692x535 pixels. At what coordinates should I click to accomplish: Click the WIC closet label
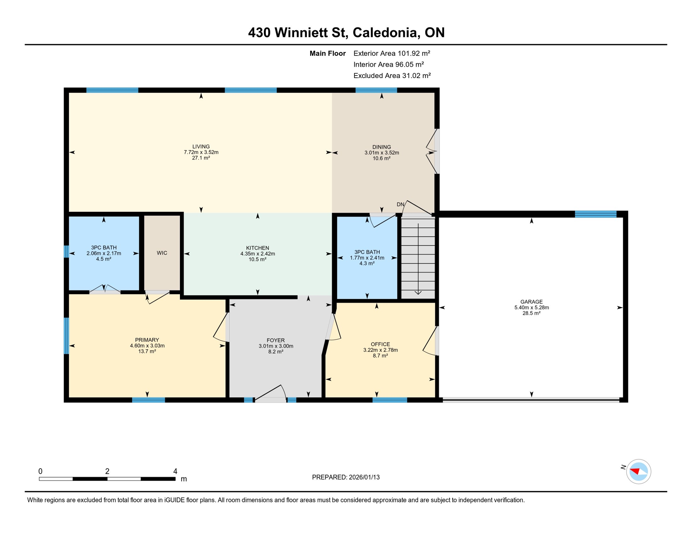point(162,253)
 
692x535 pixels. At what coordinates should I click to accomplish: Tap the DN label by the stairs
point(400,204)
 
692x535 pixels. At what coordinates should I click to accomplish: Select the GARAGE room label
point(531,302)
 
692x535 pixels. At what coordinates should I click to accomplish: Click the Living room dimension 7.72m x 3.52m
point(201,152)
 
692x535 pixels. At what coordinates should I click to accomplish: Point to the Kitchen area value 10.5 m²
point(257,259)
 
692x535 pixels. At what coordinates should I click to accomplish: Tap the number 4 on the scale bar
point(175,471)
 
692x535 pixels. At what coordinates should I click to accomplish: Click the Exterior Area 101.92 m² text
point(392,53)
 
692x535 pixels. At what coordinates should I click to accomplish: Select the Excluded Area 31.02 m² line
point(392,76)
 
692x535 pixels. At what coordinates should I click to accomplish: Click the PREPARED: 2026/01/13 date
point(346,477)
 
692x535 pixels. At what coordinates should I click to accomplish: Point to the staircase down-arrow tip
point(418,294)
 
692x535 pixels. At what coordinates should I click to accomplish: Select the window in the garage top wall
point(595,214)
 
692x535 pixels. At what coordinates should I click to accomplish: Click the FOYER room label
point(275,340)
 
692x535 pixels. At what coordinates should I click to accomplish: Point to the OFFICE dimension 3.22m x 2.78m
point(380,350)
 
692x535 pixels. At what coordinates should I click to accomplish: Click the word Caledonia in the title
point(385,32)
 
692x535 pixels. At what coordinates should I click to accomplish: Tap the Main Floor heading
point(327,53)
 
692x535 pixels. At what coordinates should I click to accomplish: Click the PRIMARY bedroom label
point(147,340)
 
